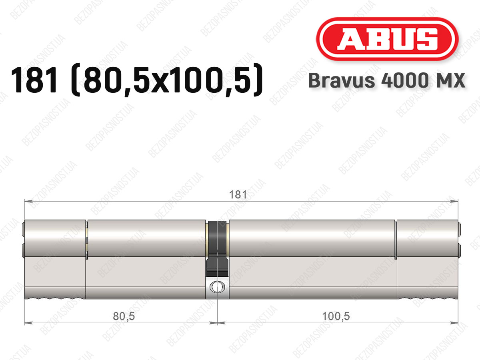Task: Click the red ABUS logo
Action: coord(387,39)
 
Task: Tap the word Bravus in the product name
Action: coord(342,80)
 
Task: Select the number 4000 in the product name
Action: coord(405,80)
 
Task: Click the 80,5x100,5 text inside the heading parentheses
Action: coord(167,80)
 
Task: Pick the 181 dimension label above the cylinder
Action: coord(238,194)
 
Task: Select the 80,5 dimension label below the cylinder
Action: coord(124,316)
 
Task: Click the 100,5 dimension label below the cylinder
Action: coord(336,316)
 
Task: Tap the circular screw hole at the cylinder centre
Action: coord(217,287)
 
